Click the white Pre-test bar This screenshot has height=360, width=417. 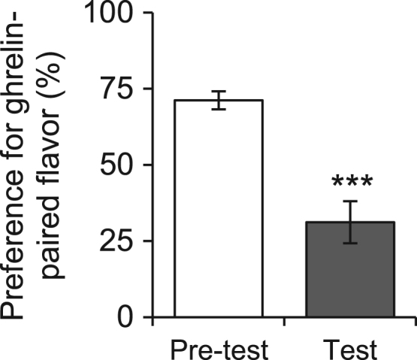[x=218, y=210]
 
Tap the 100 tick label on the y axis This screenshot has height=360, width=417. [x=112, y=14]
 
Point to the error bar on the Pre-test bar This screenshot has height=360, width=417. [x=218, y=100]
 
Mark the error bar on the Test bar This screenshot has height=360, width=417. [x=350, y=222]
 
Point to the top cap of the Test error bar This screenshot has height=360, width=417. [x=350, y=201]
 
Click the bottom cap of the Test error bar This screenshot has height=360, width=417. [x=350, y=243]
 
